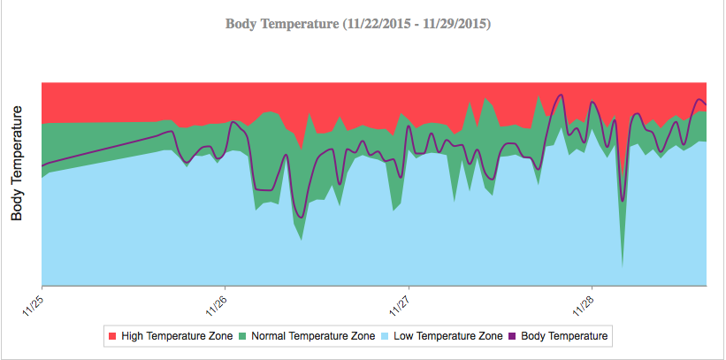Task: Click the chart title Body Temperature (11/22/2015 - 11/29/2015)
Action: click(358, 24)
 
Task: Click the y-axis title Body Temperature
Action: click(18, 163)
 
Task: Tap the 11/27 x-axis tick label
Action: click(399, 304)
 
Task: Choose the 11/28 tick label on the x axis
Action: click(582, 304)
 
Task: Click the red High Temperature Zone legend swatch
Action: click(111, 336)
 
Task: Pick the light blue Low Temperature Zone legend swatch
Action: click(386, 336)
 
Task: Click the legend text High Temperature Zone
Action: click(177, 336)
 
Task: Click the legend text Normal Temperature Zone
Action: click(313, 336)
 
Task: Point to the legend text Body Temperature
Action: click(564, 336)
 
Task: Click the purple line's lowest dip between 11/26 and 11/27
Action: click(301, 217)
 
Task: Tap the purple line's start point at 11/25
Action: click(42, 165)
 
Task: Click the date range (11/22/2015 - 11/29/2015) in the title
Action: click(416, 24)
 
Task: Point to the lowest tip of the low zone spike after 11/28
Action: click(623, 265)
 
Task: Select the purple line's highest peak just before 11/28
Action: click(559, 94)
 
